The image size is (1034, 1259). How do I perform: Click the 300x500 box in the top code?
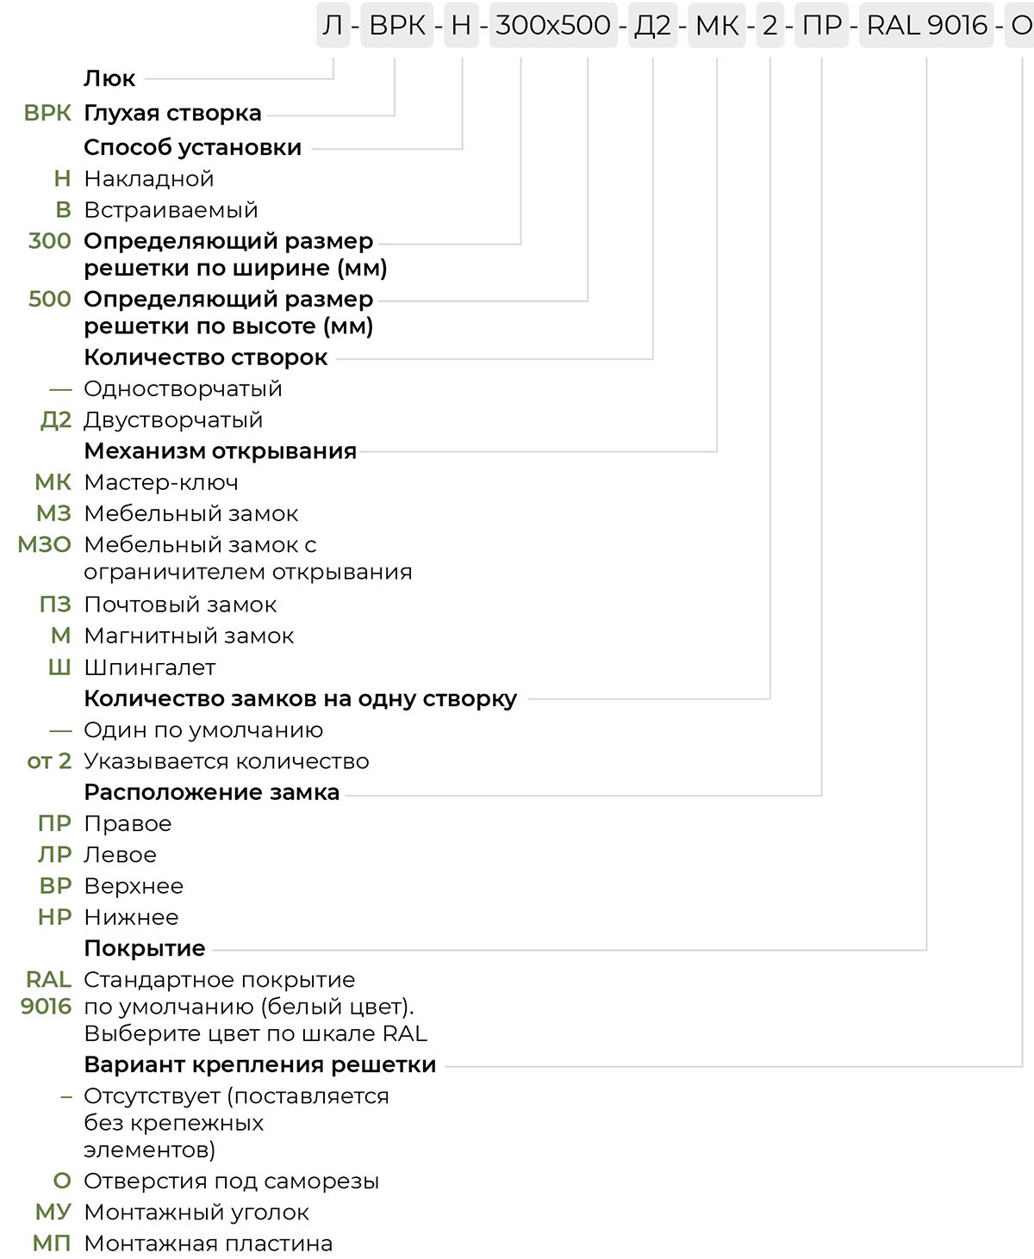coord(553,26)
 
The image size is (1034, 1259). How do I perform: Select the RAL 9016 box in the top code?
coord(927,26)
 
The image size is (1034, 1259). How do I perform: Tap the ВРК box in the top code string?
coord(397,26)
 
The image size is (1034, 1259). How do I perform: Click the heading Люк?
coord(109,78)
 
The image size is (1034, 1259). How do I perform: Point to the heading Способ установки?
coord(192,147)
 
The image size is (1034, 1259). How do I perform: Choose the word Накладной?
coord(148,179)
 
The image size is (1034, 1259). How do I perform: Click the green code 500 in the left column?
coord(50,299)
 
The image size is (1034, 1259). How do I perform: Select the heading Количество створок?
coord(205,357)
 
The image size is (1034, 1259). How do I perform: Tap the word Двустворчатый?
coord(173,420)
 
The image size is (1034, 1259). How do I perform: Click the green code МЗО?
coord(45,544)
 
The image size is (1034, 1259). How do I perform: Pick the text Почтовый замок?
coord(180,605)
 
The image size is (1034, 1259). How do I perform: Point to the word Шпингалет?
coord(150,667)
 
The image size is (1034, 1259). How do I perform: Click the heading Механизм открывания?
coord(220,451)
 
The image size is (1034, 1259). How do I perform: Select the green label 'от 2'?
coord(49,761)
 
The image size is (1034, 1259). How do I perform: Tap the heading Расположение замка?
coord(211,792)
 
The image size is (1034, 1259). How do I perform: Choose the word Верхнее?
coord(134,886)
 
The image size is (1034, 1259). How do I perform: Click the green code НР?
coord(54,917)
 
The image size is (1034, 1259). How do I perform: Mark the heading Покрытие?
coord(144,948)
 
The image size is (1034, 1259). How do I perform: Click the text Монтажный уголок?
coord(196,1212)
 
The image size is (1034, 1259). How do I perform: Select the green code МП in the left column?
coord(52,1243)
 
